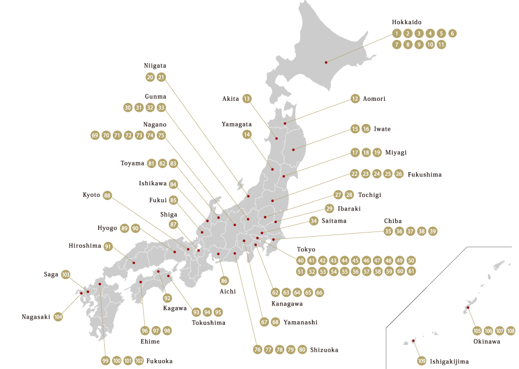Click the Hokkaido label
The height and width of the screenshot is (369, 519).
(x=407, y=23)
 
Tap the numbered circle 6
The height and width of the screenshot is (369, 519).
(x=453, y=34)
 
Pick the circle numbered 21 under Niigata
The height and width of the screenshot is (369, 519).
(x=161, y=77)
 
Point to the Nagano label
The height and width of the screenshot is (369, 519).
(x=155, y=124)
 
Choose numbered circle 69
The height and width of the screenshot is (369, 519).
(x=95, y=135)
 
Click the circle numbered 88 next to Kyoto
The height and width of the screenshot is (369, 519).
(x=107, y=195)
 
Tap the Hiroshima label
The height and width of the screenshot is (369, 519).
(x=84, y=246)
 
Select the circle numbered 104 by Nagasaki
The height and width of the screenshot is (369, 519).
(x=58, y=317)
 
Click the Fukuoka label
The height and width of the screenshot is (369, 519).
(x=160, y=361)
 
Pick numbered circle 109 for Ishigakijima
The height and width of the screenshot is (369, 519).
(x=421, y=361)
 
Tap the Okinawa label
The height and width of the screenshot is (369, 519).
(x=486, y=341)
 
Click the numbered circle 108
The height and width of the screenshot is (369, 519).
(x=511, y=331)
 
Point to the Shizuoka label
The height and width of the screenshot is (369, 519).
(x=324, y=350)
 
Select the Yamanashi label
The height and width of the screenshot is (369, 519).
(x=300, y=322)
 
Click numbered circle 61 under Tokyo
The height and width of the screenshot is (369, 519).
(x=412, y=271)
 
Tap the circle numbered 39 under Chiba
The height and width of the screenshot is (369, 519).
(x=433, y=231)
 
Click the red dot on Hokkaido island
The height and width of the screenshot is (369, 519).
(x=326, y=62)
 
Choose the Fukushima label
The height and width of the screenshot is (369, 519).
(x=425, y=174)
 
